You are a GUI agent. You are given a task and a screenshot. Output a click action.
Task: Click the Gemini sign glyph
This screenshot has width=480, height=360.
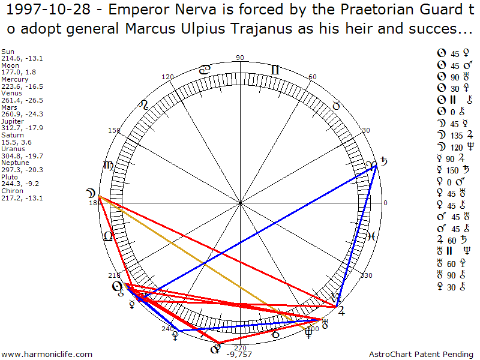point(275,70)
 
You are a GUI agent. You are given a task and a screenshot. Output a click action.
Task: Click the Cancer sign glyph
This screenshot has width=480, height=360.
point(205,70)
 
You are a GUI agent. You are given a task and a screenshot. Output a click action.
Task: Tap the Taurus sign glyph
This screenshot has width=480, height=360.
point(336,106)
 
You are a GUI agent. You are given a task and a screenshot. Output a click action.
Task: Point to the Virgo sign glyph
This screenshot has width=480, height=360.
point(109,166)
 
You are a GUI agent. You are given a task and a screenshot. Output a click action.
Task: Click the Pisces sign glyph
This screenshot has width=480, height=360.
point(371,236)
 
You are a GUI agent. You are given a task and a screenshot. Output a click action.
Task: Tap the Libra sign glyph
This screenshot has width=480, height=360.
point(109,236)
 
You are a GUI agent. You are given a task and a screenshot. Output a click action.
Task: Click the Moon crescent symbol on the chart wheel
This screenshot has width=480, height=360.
point(90,193)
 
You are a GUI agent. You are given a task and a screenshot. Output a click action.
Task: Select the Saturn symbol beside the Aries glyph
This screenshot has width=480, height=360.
point(384,162)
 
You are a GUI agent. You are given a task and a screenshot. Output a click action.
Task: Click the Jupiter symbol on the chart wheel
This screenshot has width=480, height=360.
point(341,310)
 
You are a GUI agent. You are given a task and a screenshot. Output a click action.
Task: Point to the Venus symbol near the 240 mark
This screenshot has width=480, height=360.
point(175,337)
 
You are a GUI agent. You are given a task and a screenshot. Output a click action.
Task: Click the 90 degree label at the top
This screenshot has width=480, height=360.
point(240,58)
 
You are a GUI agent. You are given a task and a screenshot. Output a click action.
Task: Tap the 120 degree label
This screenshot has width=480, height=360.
point(167,77)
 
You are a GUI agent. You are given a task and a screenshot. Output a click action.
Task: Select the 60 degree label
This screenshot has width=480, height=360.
point(312,77)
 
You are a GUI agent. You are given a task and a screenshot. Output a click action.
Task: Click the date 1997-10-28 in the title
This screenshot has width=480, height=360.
point(36,11)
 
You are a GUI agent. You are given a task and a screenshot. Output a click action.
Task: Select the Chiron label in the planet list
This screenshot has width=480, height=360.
point(11,191)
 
